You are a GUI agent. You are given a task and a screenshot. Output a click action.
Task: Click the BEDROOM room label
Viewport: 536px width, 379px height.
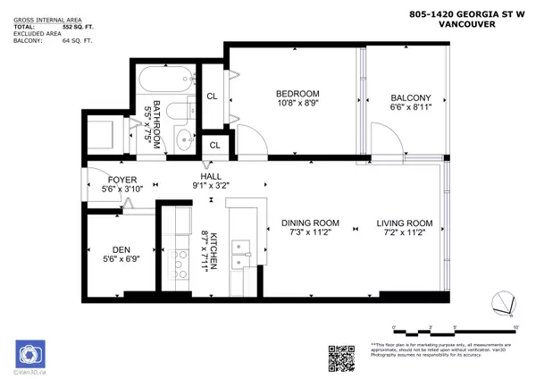pyautogui.click(x=297, y=94)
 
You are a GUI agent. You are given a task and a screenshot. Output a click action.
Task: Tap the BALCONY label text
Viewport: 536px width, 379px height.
pyautogui.click(x=411, y=98)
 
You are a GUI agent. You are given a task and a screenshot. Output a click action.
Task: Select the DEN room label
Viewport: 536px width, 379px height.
pyautogui.click(x=121, y=250)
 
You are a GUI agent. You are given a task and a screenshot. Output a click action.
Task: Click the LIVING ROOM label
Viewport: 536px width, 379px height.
pyautogui.click(x=404, y=223)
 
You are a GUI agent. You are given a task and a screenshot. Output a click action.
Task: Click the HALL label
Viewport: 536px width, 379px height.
pyautogui.click(x=211, y=177)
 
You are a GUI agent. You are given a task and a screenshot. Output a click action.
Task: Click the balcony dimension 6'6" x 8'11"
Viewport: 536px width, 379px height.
pyautogui.click(x=411, y=110)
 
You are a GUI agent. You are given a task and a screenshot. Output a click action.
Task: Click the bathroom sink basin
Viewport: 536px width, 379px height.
pyautogui.click(x=185, y=139)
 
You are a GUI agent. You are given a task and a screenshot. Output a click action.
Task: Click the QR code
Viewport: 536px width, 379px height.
pyautogui.click(x=343, y=357)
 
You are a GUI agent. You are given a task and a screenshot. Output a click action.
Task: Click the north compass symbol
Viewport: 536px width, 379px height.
pyautogui.click(x=502, y=305)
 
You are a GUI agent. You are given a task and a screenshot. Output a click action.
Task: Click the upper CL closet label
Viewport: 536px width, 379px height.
pyautogui.click(x=213, y=96)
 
